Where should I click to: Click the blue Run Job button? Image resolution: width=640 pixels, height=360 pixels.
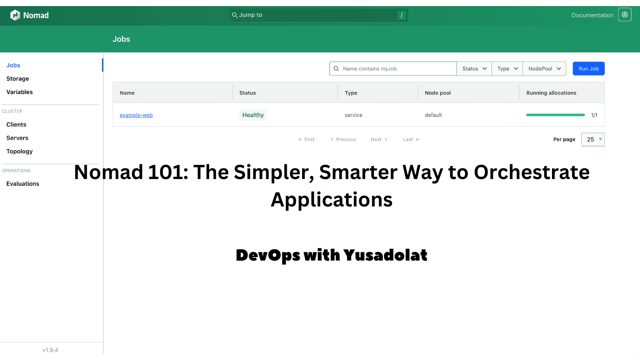[x=588, y=69]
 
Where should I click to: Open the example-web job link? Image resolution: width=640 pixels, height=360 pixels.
[x=136, y=115]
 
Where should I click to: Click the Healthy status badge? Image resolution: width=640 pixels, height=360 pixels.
[x=253, y=115]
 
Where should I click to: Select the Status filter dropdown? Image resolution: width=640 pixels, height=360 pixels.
[x=474, y=69]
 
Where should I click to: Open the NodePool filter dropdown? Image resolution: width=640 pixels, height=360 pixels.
[x=544, y=69]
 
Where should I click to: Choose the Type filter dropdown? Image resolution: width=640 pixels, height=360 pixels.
[x=507, y=69]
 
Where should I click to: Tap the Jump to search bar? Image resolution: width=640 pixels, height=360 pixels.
[x=318, y=15]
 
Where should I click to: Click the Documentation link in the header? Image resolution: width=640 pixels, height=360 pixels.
[x=592, y=15]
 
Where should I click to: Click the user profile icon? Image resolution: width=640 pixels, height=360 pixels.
[x=625, y=15]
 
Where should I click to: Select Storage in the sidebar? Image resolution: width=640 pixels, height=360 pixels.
[x=18, y=78]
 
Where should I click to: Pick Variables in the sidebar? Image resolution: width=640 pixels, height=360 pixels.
[x=19, y=92]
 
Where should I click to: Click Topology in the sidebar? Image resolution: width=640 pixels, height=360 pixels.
[x=19, y=151]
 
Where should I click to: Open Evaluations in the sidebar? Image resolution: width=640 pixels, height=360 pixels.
[x=23, y=184]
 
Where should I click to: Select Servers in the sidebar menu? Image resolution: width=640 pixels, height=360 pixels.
[x=17, y=138]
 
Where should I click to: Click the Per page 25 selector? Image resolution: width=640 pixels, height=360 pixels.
[x=593, y=139]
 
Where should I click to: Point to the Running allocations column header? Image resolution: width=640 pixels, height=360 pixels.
[x=551, y=93]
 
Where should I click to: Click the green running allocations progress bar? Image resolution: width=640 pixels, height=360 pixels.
[x=555, y=115]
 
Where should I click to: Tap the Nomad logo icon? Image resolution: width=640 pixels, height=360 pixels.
[x=15, y=15]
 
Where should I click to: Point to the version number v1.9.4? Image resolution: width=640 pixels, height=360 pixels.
[x=50, y=350]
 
